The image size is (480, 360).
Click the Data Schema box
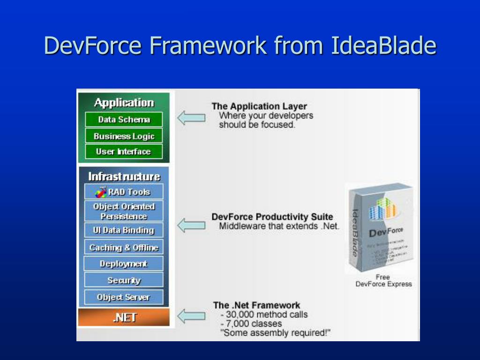click(x=124, y=120)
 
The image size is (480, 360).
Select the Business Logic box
click(x=124, y=136)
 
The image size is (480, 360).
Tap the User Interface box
click(x=124, y=151)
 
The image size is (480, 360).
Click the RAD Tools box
click(x=124, y=192)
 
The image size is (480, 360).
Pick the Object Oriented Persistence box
click(x=124, y=211)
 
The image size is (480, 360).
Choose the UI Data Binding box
click(x=124, y=230)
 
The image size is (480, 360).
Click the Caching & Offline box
click(x=124, y=247)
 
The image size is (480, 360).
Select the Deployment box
click(x=124, y=264)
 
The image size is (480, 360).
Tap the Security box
click(x=124, y=280)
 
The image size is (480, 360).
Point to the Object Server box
click(x=124, y=297)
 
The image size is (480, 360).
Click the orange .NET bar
click(x=124, y=317)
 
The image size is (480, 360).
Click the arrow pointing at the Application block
click(x=191, y=117)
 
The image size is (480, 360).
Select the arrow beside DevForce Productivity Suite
click(x=191, y=225)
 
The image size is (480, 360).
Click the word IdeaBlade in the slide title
click(x=383, y=46)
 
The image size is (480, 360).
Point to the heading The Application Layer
click(x=259, y=106)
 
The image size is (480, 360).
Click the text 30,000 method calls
click(x=266, y=314)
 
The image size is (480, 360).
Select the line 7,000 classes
click(x=254, y=323)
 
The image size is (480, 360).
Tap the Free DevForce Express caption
click(x=383, y=280)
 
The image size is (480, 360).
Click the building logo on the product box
click(x=384, y=209)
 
